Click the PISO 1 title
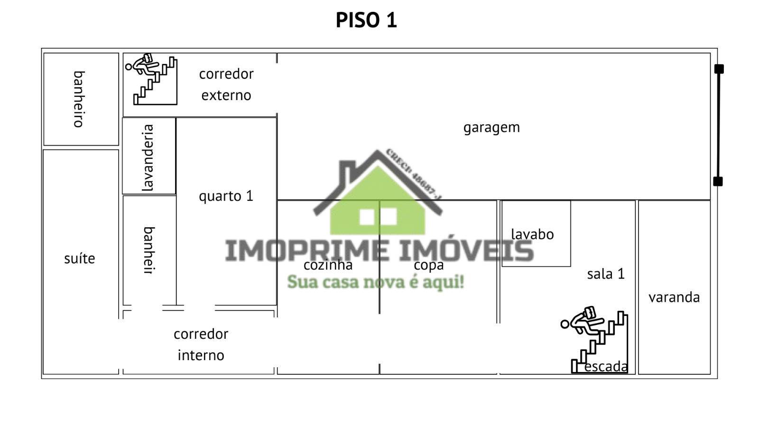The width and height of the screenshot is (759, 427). pyautogui.click(x=366, y=20)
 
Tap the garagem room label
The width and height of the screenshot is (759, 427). pyautogui.click(x=491, y=128)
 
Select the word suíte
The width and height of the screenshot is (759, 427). pyautogui.click(x=80, y=259)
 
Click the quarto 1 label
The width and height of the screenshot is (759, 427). pyautogui.click(x=226, y=196)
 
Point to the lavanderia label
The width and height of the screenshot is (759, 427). pyautogui.click(x=148, y=158)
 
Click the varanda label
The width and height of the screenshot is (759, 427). pyautogui.click(x=674, y=297)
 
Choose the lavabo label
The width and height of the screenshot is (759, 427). pyautogui.click(x=532, y=234)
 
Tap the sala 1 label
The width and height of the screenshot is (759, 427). pyautogui.click(x=606, y=274)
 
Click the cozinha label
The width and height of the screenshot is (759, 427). pyautogui.click(x=328, y=265)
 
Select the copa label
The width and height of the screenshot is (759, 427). pyautogui.click(x=428, y=265)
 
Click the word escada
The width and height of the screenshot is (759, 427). pyautogui.click(x=606, y=367)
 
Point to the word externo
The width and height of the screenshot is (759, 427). pyautogui.click(x=226, y=95)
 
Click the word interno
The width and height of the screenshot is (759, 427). pyautogui.click(x=201, y=355)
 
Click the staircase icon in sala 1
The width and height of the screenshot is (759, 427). pyautogui.click(x=596, y=339)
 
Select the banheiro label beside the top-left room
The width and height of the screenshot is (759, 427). pyautogui.click(x=79, y=99)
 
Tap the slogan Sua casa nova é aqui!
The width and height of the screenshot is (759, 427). pyautogui.click(x=375, y=282)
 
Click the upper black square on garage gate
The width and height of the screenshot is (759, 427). pyautogui.click(x=719, y=69)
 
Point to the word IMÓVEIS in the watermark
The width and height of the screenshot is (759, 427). pyautogui.click(x=466, y=251)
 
